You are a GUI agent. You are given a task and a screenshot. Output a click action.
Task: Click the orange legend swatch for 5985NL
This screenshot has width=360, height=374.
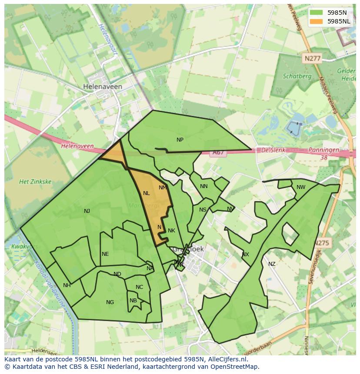pyautogui.click(x=317, y=21)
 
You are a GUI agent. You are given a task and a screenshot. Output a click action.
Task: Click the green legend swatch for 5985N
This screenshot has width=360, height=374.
pyautogui.click(x=317, y=13)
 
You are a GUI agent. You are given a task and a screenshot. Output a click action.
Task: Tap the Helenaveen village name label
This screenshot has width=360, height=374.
pyautogui.click(x=103, y=87)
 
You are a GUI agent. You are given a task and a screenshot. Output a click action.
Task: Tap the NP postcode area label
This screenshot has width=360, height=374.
pyautogui.click(x=180, y=140)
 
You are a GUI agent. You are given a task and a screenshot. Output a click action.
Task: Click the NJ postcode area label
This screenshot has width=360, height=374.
pyautogui.click(x=87, y=211)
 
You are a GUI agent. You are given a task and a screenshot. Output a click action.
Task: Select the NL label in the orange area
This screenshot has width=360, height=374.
pyautogui.click(x=146, y=193)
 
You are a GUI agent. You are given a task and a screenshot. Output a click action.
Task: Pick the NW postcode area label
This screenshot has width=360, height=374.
pyautogui.click(x=301, y=187)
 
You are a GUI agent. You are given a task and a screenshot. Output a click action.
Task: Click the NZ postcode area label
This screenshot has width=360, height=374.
pyautogui.click(x=272, y=264)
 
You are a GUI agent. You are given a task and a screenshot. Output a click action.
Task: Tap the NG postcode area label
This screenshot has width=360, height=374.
pyautogui.click(x=110, y=302)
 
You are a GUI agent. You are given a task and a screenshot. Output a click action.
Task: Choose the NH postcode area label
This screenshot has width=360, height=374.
pyautogui.click(x=67, y=285)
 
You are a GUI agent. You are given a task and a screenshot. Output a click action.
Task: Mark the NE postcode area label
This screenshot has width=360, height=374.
pyautogui.click(x=105, y=254)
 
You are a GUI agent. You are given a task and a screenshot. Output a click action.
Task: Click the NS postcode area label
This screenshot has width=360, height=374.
pyautogui.click(x=203, y=210)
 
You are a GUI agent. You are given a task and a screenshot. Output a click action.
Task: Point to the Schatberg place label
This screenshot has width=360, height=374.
pyautogui.click(x=297, y=76)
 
